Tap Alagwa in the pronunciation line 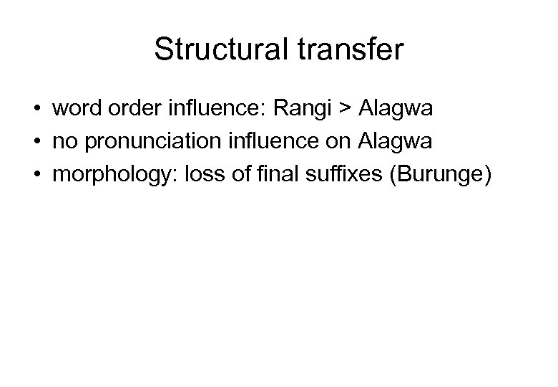(x=396, y=143)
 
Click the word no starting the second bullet (x=62, y=143)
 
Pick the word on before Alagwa (x=343, y=143)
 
